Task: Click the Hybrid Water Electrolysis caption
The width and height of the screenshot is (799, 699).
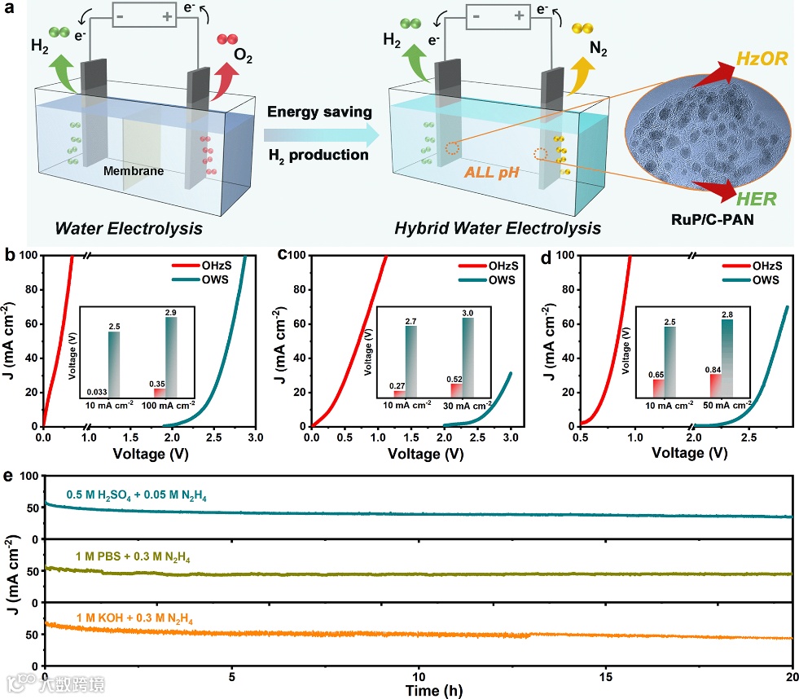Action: (x=498, y=228)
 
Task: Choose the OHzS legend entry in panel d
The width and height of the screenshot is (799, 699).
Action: (x=757, y=266)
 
